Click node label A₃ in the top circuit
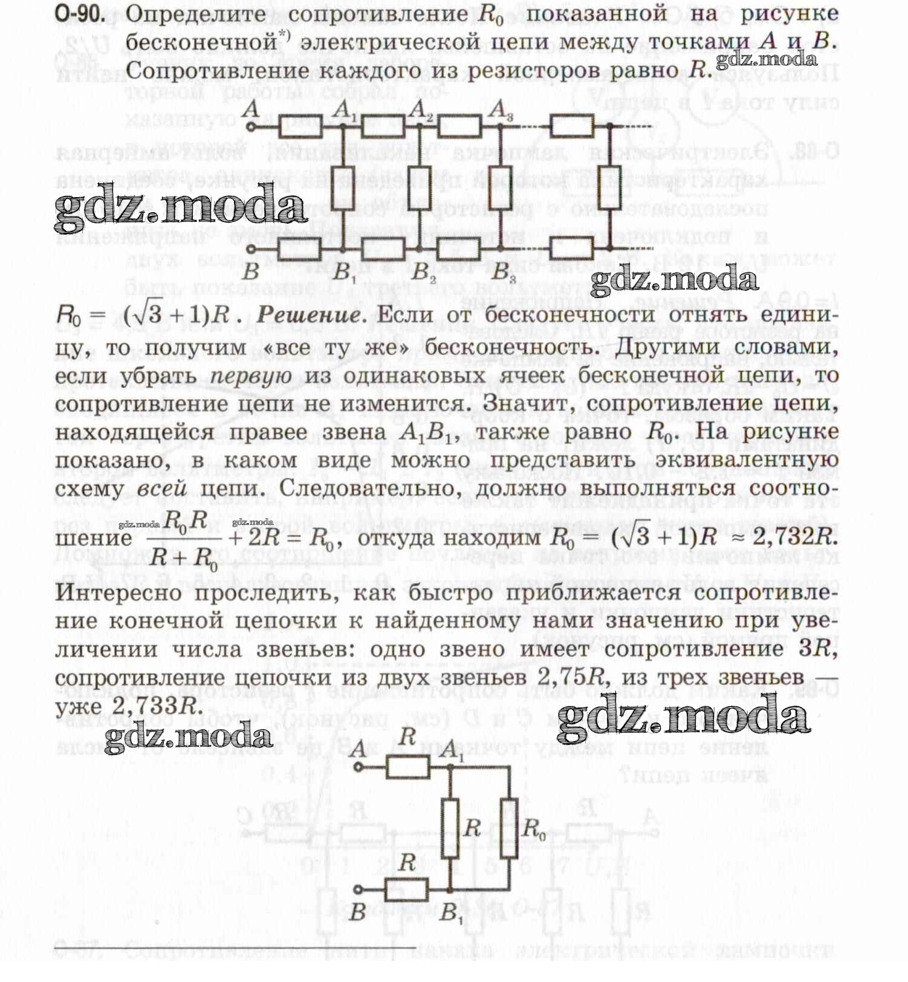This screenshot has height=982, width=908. [x=500, y=110]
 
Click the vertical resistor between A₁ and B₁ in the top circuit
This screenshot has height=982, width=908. [x=343, y=187]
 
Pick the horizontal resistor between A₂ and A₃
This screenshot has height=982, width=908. [x=459, y=126]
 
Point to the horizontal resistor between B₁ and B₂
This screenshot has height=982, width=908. [x=383, y=249]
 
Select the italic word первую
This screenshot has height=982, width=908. [x=251, y=376]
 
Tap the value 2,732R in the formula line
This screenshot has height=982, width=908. [x=795, y=536]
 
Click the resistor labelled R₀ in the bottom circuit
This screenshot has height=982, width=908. [x=509, y=828]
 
